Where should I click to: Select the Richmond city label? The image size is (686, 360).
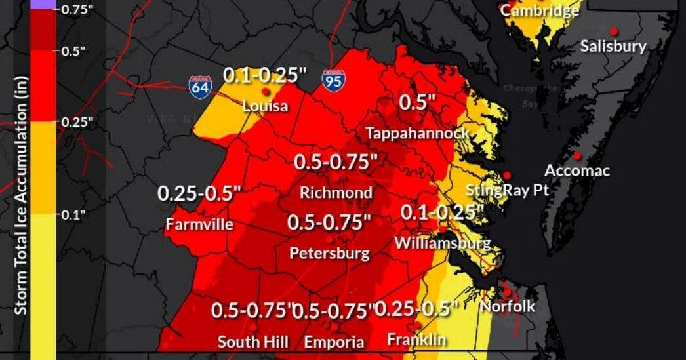tap(336, 193)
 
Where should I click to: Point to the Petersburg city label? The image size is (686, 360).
tap(329, 253)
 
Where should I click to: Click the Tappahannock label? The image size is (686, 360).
tap(417, 133)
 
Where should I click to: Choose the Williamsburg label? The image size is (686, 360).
tap(443, 243)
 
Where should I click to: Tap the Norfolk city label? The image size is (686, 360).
tap(508, 306)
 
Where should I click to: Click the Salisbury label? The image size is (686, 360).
tap(613, 47)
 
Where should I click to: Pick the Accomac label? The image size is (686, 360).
tap(577, 171)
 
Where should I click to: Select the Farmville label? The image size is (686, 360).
tap(199, 224)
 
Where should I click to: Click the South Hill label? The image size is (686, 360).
tap(251, 342)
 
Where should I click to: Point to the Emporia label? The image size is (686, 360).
tap(334, 342)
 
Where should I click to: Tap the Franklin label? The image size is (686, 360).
tap(416, 340)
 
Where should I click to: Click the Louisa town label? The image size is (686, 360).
tap(265, 106)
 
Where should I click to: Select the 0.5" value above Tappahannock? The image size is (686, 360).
tap(418, 103)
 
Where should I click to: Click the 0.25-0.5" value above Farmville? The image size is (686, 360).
tap(199, 194)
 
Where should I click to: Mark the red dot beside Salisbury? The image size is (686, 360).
tap(614, 31)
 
